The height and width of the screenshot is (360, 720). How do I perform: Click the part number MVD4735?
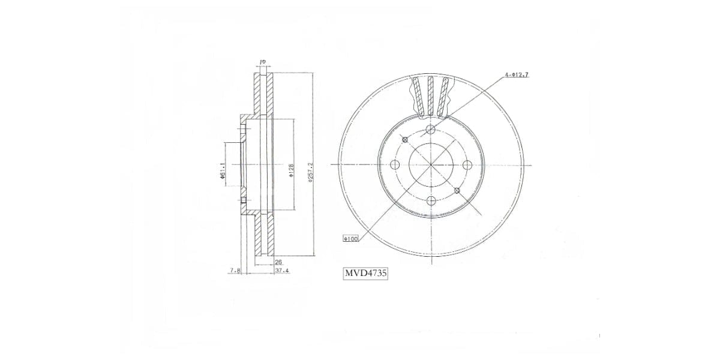(x=365, y=274)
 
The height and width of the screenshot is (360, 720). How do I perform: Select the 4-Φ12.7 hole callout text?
(x=516, y=75)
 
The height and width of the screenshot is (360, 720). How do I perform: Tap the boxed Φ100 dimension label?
(x=350, y=239)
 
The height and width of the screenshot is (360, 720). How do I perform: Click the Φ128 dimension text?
(x=291, y=170)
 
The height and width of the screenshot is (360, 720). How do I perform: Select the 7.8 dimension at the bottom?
(x=235, y=271)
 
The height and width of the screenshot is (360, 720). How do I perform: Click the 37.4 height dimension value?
(x=281, y=271)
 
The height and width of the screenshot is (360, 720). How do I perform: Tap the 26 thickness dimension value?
(x=278, y=262)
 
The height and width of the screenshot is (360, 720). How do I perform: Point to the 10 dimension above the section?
(x=262, y=62)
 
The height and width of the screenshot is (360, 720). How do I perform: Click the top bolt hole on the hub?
(x=430, y=130)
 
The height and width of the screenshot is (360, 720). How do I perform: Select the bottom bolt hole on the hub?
(x=430, y=201)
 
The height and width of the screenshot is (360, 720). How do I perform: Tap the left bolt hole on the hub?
(x=394, y=165)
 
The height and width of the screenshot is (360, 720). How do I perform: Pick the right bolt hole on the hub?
(x=466, y=165)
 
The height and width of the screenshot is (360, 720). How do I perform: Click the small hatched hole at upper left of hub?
(x=405, y=140)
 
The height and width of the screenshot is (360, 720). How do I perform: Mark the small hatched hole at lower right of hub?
(x=457, y=191)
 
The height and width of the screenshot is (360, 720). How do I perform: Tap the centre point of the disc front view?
(x=430, y=165)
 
